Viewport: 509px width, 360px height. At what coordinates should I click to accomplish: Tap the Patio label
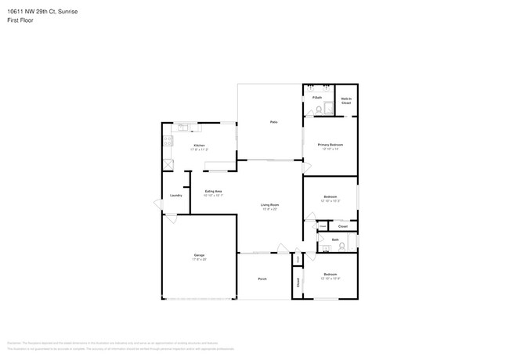coord(273,122)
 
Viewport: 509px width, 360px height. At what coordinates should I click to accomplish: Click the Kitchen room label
coord(199,146)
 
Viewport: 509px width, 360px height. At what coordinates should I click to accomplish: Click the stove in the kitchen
coord(167,142)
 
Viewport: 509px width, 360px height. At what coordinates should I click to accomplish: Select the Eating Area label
coord(213,191)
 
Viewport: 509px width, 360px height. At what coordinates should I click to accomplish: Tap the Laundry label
coord(175,195)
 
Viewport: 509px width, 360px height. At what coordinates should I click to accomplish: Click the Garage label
coord(199,254)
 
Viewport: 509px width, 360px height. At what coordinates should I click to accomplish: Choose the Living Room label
coord(270,205)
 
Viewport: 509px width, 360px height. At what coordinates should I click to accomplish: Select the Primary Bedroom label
coord(330,145)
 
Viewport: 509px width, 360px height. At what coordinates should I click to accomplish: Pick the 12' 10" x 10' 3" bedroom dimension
coord(330,201)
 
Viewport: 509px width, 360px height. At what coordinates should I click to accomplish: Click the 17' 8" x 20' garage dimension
coord(199,259)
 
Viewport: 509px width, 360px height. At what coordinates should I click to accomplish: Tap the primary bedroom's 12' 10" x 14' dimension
coord(330,149)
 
